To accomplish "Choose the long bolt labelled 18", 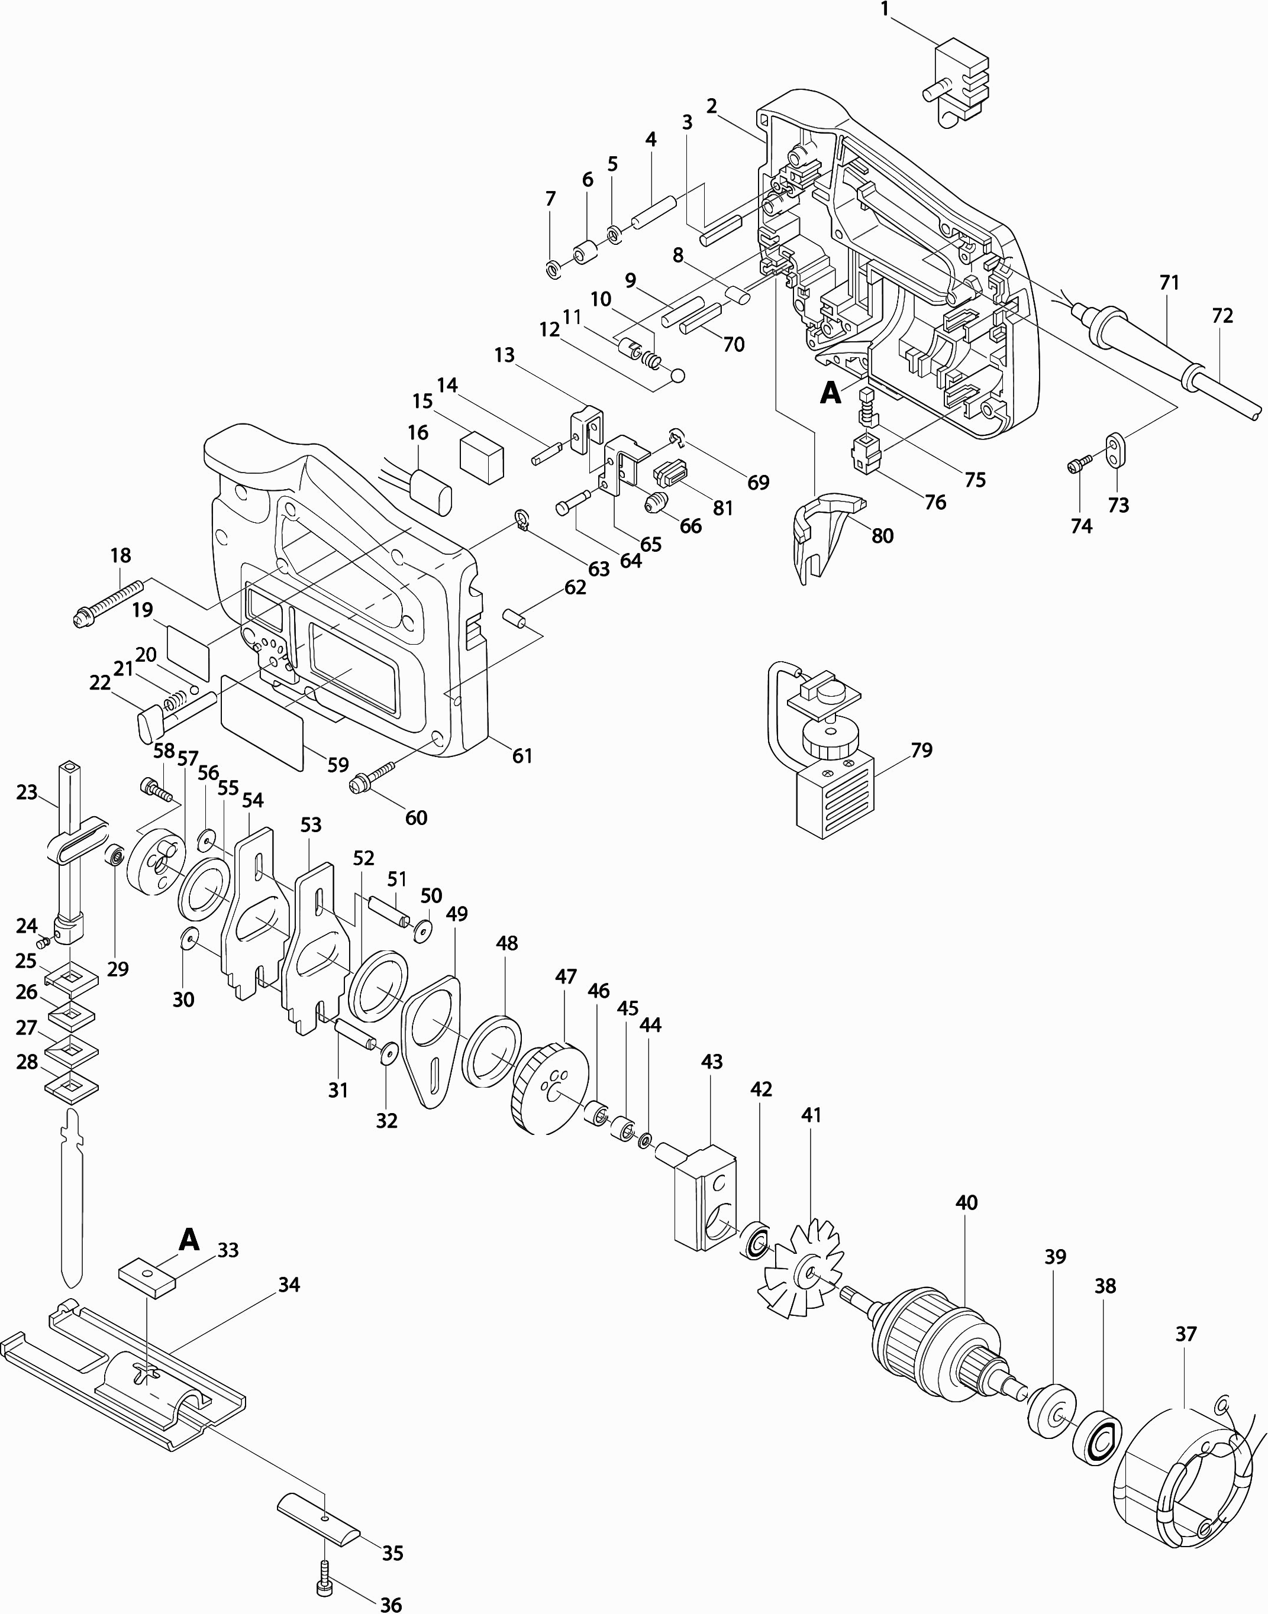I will pos(109,601).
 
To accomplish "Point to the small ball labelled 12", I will pos(677,376).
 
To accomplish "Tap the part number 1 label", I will pos(884,9).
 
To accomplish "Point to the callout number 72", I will pos(1222,316).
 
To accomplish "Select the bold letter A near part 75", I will pos(830,393).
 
